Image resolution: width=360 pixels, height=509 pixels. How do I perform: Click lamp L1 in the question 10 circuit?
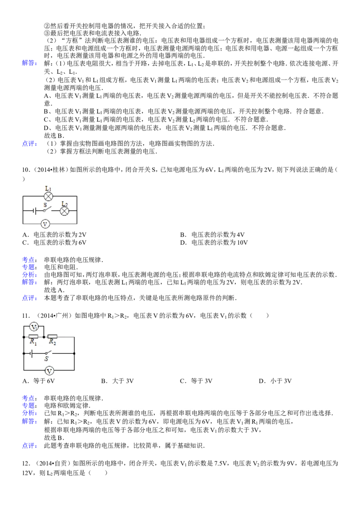(49, 196)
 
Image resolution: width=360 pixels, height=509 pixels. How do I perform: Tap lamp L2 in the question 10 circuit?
(65, 211)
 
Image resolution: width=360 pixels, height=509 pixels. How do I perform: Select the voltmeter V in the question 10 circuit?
(45, 223)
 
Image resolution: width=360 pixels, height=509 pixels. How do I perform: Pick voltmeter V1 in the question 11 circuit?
(34, 326)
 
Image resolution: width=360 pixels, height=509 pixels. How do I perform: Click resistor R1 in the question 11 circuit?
(33, 337)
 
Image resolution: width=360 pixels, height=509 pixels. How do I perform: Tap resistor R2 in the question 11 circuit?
(52, 337)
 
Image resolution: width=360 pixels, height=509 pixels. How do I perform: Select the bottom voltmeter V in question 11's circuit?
(49, 371)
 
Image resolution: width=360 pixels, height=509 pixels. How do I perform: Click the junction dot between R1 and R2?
(44, 337)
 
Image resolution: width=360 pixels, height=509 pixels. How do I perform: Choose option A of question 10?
(54, 235)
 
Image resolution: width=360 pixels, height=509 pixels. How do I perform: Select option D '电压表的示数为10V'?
(214, 242)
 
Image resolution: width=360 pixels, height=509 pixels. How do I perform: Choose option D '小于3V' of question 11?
(275, 381)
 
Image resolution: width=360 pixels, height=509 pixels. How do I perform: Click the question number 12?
(26, 464)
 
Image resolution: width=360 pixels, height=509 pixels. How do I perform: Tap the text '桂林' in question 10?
(60, 170)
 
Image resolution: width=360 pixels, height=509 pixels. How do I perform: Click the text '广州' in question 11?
(65, 316)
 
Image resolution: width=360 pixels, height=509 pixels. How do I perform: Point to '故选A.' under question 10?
(54, 290)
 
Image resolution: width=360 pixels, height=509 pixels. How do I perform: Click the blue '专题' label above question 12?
(29, 406)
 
